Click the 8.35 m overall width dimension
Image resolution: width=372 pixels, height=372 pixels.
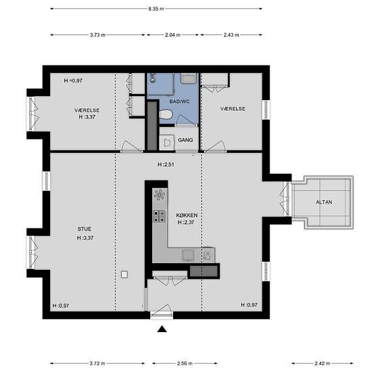(x=156, y=9)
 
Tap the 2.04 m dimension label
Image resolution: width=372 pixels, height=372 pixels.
(x=172, y=35)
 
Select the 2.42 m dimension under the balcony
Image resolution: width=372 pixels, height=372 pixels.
(x=323, y=363)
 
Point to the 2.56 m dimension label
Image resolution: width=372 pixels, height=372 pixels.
(x=185, y=363)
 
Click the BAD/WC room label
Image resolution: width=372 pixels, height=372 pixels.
(x=179, y=101)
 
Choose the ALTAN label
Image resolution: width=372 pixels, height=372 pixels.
(x=324, y=202)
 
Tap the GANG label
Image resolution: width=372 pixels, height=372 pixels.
(x=185, y=140)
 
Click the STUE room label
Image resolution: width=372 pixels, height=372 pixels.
(x=85, y=229)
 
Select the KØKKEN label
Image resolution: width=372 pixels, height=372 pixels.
(x=187, y=215)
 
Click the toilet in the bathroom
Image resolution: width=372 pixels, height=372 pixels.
(x=166, y=114)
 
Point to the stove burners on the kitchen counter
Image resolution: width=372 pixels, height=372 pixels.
(x=160, y=216)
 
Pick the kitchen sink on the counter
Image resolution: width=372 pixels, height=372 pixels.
(x=189, y=255)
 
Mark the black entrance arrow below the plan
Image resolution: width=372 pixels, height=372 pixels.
(x=162, y=329)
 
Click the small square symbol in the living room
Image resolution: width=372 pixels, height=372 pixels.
(x=124, y=275)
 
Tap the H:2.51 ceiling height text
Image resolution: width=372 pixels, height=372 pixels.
(x=166, y=164)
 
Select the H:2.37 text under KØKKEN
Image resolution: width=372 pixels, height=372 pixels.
(x=186, y=223)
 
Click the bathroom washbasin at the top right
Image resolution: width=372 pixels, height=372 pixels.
(x=189, y=78)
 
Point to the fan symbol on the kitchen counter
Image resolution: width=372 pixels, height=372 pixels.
(x=160, y=195)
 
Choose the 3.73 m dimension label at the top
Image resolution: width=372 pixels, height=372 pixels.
(x=97, y=35)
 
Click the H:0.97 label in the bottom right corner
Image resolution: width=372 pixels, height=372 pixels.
(x=249, y=305)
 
